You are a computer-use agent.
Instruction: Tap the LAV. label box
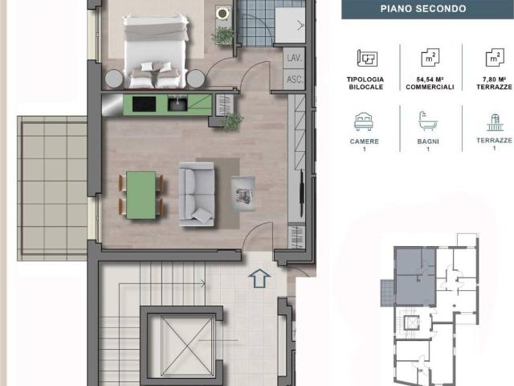(x=294, y=58)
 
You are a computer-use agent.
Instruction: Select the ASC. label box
(x=294, y=79)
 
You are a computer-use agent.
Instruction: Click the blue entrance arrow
(x=259, y=278)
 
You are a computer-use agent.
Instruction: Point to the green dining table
(x=141, y=195)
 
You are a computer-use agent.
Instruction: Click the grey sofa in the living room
(x=197, y=194)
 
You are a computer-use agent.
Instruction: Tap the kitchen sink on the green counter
(x=177, y=103)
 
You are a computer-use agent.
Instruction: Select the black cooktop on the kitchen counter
(x=144, y=104)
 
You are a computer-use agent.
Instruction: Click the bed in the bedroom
(x=155, y=51)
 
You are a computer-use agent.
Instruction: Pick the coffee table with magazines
(x=243, y=195)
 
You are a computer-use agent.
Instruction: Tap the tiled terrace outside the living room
(x=52, y=188)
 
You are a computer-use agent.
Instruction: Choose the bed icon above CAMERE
(x=364, y=121)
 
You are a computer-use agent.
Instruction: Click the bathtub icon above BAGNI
(x=428, y=121)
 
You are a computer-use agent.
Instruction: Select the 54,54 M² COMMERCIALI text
(x=430, y=84)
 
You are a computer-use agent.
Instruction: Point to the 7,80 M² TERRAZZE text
(x=494, y=84)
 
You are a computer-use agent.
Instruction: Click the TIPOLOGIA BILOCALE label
(x=365, y=84)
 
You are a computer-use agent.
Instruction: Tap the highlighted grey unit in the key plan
(x=415, y=277)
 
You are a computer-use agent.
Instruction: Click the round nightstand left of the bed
(x=114, y=79)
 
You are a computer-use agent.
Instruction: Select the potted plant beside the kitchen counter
(x=232, y=122)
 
